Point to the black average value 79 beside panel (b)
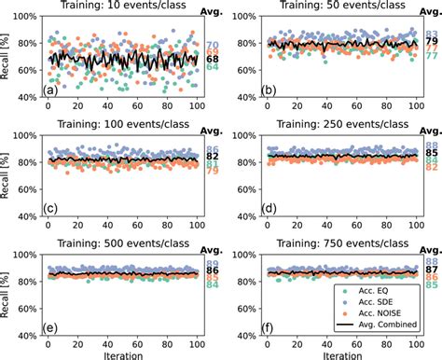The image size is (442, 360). click(432, 42)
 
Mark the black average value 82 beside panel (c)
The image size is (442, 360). click(213, 157)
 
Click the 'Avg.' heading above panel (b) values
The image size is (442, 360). click(430, 8)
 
